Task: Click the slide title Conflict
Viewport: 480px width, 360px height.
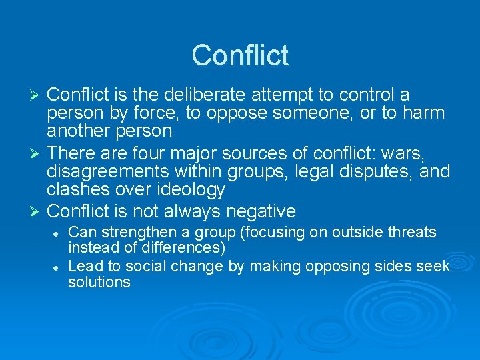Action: pos(240,55)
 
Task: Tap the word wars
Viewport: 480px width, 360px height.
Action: pos(408,155)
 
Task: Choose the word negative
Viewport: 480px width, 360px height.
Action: pos(261,212)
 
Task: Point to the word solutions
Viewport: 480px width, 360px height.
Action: pos(99,282)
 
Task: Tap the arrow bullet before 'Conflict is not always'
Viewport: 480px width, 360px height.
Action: pos(37,212)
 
